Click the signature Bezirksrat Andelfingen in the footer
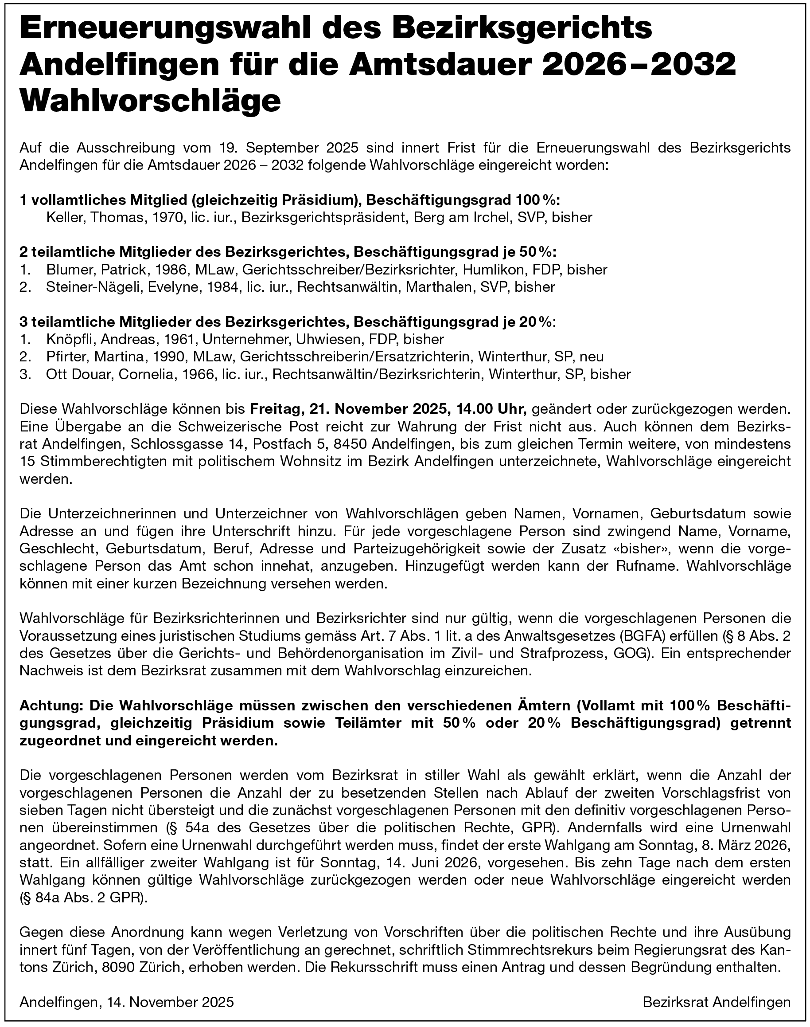[x=717, y=1002]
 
